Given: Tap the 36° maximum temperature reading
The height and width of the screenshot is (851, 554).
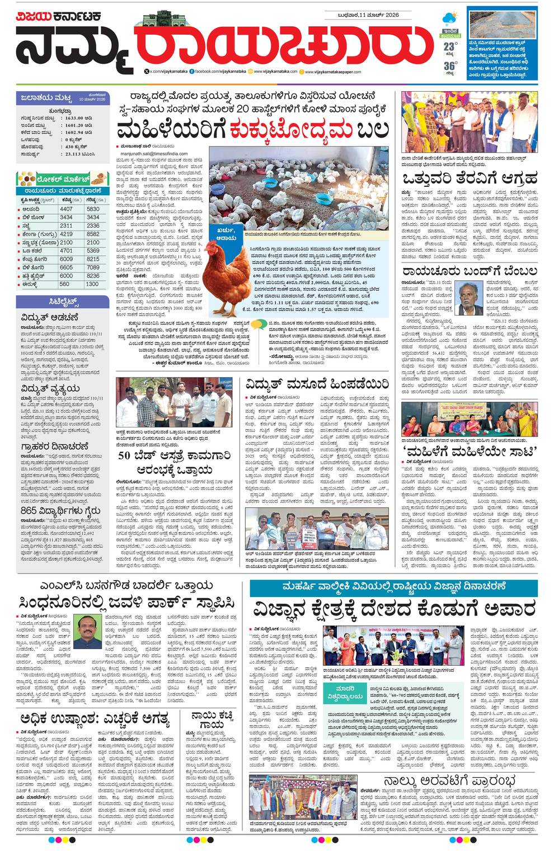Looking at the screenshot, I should pyautogui.click(x=449, y=67).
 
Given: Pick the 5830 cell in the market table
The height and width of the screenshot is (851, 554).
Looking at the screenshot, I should pyautogui.click(x=93, y=209).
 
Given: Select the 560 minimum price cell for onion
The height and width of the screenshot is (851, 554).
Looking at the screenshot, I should pyautogui.click(x=66, y=284).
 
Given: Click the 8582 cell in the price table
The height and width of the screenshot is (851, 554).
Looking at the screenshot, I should pyautogui.click(x=93, y=234).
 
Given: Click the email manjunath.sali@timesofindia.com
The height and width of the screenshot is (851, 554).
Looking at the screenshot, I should pyautogui.click(x=152, y=153).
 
